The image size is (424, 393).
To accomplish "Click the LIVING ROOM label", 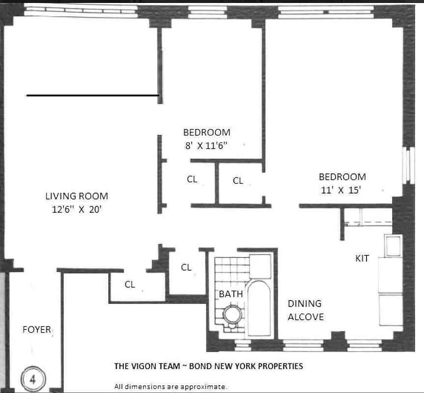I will coord(77,196).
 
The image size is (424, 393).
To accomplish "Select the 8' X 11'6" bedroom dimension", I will coord(206,145).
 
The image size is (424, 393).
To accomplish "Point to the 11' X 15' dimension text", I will coord(342,190).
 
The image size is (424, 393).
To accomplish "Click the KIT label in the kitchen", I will coord(362,258).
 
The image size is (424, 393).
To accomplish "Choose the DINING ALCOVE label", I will coord(306,310).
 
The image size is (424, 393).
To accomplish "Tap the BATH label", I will coord(231,294).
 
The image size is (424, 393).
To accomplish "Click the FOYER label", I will coord(37,329).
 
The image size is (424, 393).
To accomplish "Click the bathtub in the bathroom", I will coord(259,307).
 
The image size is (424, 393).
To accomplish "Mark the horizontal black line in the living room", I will coord(92,95).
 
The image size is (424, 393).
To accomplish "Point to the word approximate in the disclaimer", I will coord(203,386).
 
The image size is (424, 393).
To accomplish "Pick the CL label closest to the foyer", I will coord(130,284).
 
